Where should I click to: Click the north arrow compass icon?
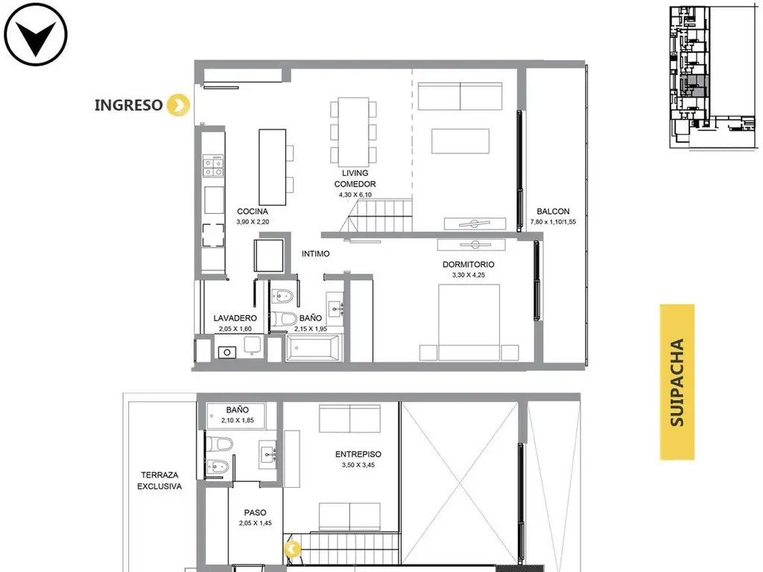coord(36,34)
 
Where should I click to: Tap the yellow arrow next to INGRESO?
coord(178,104)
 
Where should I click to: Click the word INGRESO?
coord(128,105)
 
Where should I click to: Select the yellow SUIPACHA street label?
coord(677,382)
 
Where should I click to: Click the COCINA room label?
coord(253,212)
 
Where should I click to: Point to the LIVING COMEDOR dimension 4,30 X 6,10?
coord(355,194)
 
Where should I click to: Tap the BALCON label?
coord(554,212)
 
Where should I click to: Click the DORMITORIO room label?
coord(468,264)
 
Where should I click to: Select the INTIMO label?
coord(315,254)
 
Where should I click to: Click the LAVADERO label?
coord(235,318)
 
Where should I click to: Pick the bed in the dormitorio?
coord(469,322)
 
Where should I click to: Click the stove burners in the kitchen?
coord(213,165)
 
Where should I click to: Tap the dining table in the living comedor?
coord(353,133)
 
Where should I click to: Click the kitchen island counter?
coord(273,167)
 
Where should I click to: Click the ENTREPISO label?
coord(358,454)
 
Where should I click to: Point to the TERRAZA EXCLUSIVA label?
coord(159,480)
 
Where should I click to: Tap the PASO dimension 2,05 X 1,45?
coord(256,524)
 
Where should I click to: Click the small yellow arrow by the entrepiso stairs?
coord(292,549)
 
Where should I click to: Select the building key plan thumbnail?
coord(713,77)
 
